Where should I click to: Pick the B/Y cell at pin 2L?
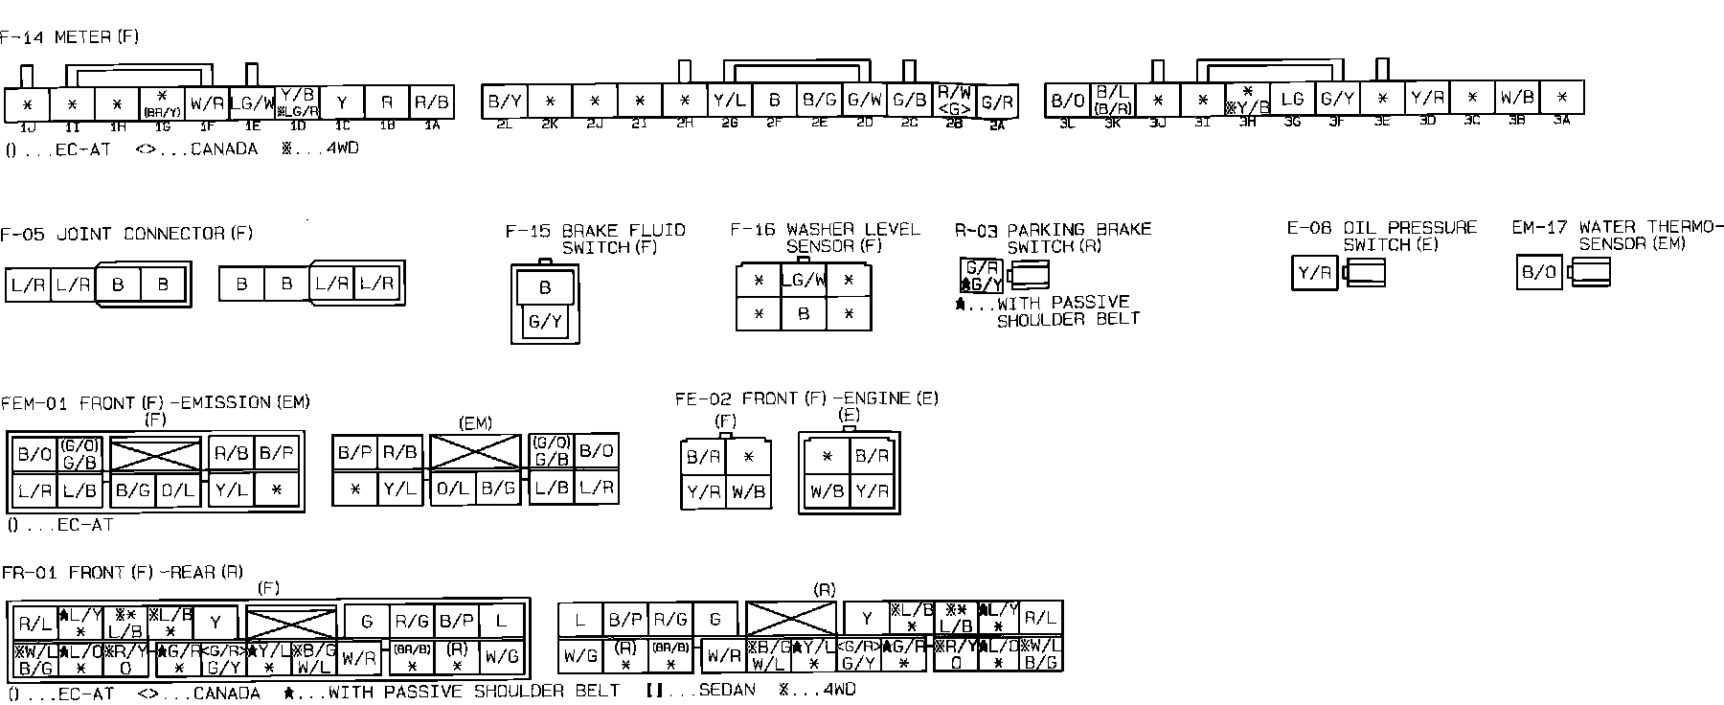click(504, 101)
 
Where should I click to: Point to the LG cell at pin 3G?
click(1292, 99)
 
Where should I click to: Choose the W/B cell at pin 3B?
click(1517, 98)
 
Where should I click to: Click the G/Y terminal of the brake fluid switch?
click(545, 323)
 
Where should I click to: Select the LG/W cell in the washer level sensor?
click(804, 281)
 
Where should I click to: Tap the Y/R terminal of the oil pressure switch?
click(1314, 273)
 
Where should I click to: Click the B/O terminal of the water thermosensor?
click(1539, 273)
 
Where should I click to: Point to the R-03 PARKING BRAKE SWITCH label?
click(1053, 238)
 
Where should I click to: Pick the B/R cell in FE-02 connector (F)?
click(703, 457)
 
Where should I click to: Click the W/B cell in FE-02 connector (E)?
click(827, 492)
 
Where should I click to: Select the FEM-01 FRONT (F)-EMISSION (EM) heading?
click(155, 403)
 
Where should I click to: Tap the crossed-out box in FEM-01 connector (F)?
click(155, 454)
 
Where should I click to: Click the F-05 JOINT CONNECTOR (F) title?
click(126, 234)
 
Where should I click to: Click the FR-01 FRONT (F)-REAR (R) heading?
click(122, 573)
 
